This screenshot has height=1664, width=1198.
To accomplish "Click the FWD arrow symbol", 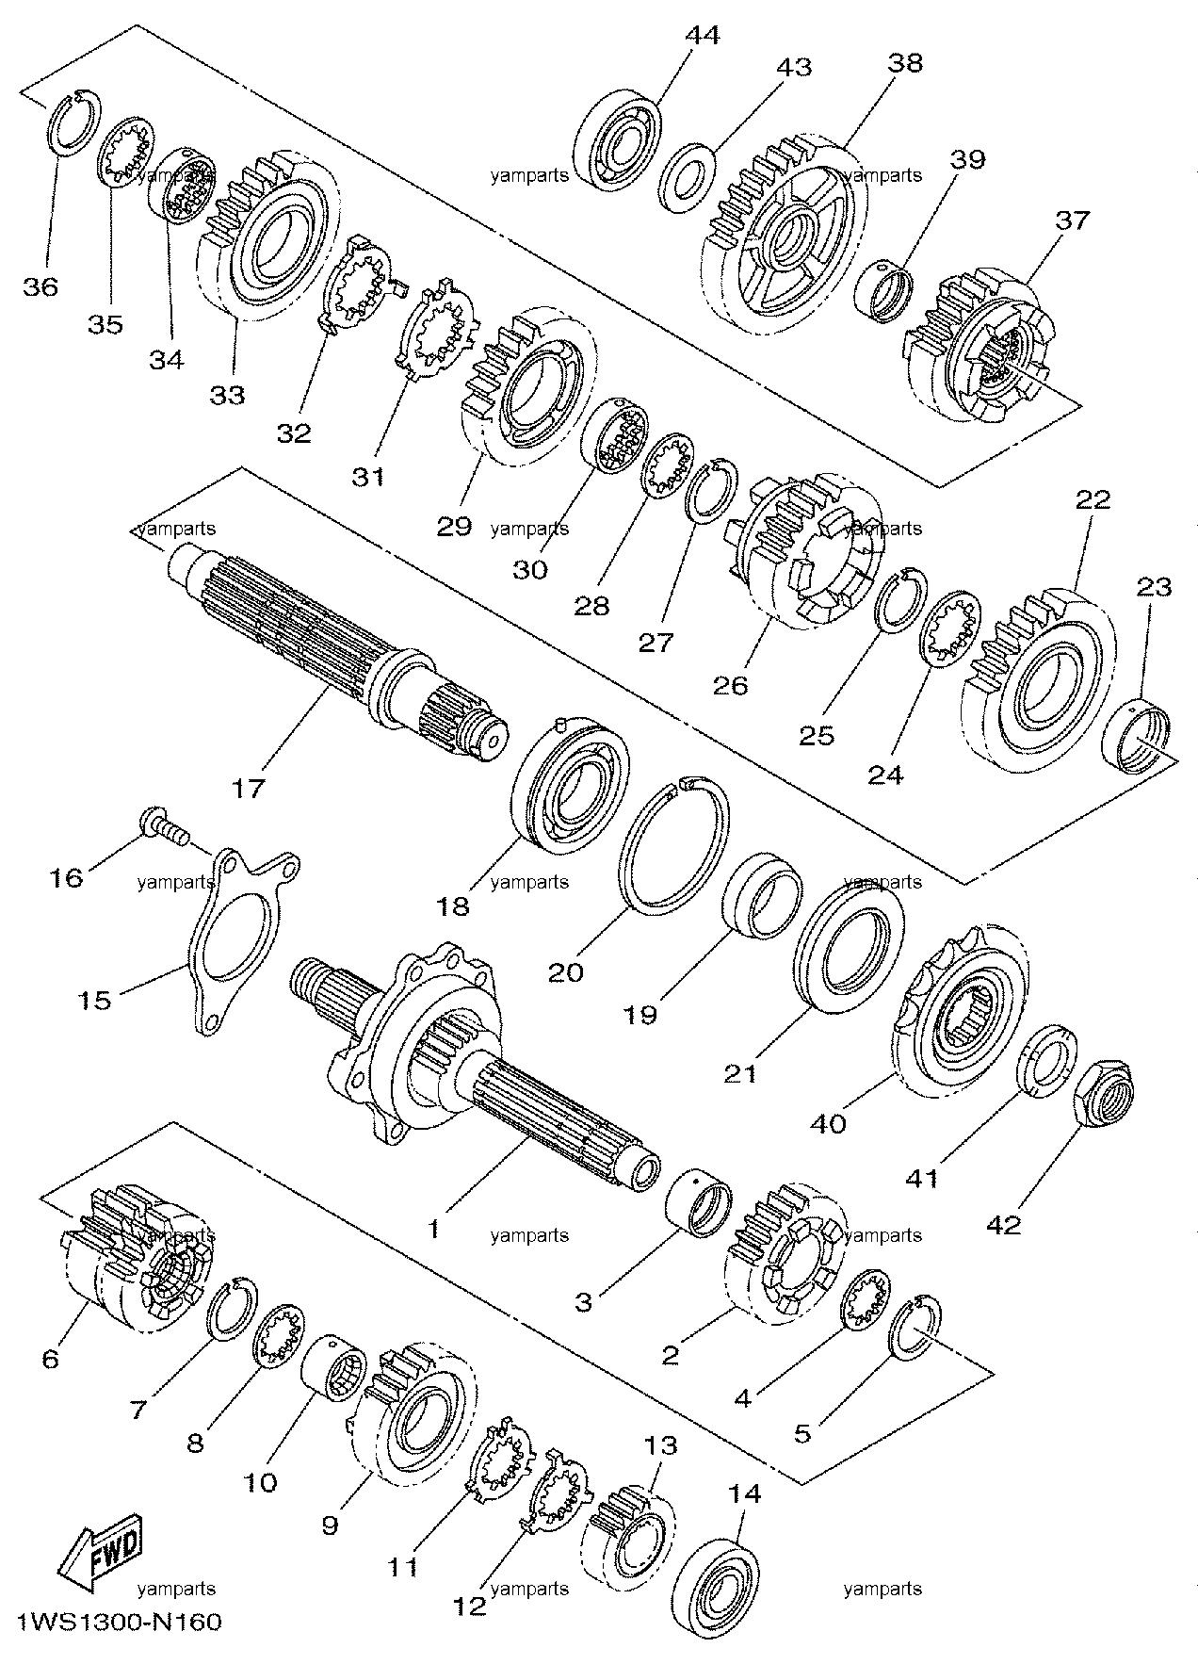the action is pyautogui.click(x=101, y=1549).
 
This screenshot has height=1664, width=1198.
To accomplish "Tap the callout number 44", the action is pyautogui.click(x=702, y=35).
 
